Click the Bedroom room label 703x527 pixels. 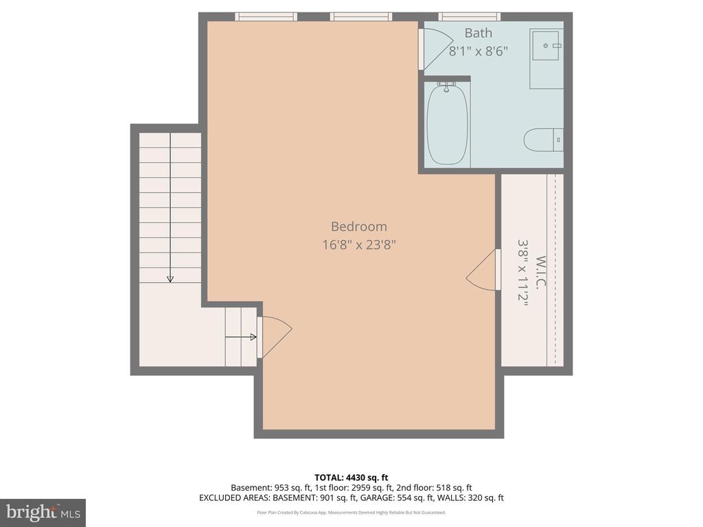tap(359, 226)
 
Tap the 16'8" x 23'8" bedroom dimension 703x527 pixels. tap(359, 244)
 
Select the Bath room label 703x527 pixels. tap(478, 33)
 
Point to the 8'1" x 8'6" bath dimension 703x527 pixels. tap(478, 51)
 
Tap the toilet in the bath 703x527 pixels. tap(543, 140)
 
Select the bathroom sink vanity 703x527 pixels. tap(546, 58)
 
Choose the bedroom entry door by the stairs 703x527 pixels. tap(274, 336)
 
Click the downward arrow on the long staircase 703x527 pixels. tap(170, 277)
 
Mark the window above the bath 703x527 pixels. tap(469, 16)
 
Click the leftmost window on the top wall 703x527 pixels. tap(266, 16)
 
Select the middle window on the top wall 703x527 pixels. tap(360, 16)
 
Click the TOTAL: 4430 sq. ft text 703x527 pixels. tap(351, 478)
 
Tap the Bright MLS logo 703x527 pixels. tap(43, 513)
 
